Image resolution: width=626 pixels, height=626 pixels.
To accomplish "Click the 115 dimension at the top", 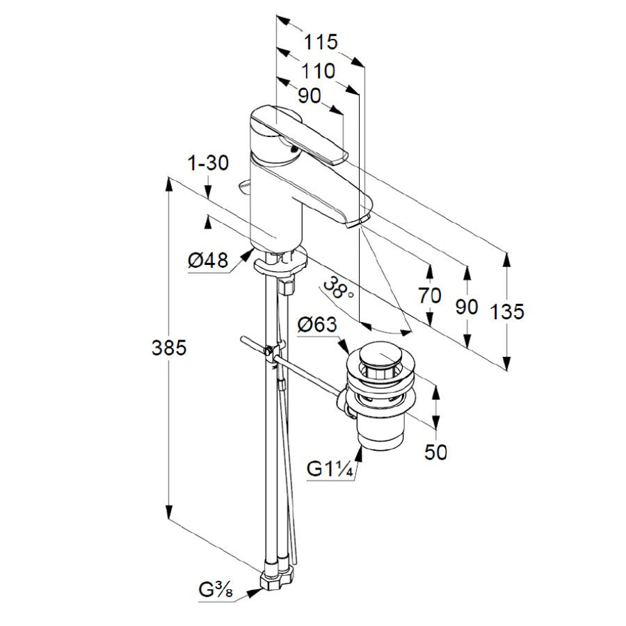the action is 321,42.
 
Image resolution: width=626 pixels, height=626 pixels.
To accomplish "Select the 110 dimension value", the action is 318,72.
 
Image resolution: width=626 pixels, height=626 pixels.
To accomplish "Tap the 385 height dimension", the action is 169,348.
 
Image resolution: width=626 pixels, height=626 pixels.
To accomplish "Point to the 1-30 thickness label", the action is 208,163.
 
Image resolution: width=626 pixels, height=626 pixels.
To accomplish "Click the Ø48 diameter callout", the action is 207,261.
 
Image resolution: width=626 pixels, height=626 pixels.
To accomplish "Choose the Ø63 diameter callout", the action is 317,325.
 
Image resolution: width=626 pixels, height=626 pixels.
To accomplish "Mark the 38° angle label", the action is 338,289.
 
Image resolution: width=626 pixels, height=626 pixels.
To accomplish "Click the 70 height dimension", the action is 430,296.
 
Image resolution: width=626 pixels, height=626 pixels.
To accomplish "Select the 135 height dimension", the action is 506,312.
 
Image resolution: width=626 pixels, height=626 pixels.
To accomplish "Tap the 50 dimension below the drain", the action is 435,452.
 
